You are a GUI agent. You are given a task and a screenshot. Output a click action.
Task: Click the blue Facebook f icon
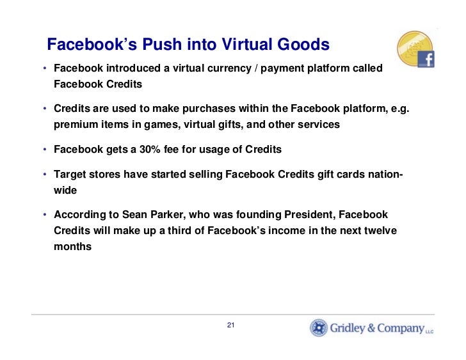(x=426, y=59)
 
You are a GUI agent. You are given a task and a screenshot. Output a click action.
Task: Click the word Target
(x=70, y=175)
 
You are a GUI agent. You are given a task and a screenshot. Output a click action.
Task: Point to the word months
(x=72, y=246)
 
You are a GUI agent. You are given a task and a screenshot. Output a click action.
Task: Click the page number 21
(x=231, y=326)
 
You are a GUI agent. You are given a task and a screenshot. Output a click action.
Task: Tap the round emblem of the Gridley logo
(x=318, y=328)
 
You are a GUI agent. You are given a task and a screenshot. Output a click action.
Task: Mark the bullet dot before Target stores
(x=45, y=175)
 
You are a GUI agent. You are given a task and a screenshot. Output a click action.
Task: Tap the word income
(x=252, y=230)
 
